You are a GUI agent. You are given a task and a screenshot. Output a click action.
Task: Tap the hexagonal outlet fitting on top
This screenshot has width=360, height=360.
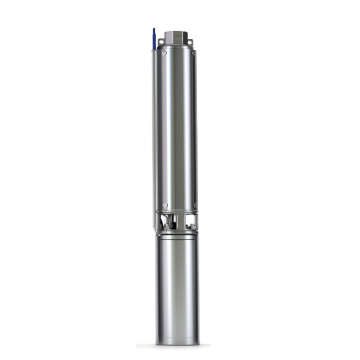pyautogui.click(x=178, y=38)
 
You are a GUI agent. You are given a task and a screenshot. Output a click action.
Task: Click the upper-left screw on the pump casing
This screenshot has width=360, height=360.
pyautogui.click(x=164, y=54)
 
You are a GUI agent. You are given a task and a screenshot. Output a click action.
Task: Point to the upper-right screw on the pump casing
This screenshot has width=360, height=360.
pyautogui.click(x=193, y=54)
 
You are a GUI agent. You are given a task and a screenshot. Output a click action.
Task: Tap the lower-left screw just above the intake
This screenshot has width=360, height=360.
pyautogui.click(x=164, y=205)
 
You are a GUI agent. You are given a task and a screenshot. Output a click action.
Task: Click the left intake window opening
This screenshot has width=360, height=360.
pyautogui.click(x=166, y=222)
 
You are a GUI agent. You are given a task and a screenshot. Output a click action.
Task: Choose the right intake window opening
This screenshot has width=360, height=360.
pyautogui.click(x=191, y=222)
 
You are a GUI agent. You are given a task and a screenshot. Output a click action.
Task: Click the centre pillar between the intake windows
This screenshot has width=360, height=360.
pyautogui.click(x=178, y=222)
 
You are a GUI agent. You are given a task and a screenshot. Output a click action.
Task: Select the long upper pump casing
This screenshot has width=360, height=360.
pyautogui.click(x=178, y=127)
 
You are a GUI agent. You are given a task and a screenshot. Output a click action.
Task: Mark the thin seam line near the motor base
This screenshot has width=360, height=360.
pyautogui.click(x=178, y=336)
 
